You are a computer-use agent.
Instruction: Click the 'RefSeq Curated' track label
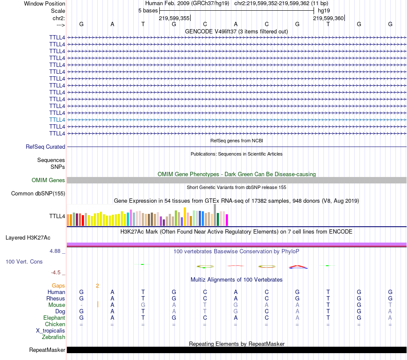(x=45, y=147)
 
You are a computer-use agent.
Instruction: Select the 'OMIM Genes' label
(x=48, y=180)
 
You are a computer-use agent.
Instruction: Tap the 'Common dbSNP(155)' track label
(x=38, y=193)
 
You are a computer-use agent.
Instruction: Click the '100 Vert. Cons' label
(x=24, y=261)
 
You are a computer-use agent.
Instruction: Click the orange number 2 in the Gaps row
(x=97, y=285)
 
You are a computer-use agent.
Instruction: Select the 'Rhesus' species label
(x=56, y=298)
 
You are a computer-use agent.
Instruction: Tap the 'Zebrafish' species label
(x=54, y=337)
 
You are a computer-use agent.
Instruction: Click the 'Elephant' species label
(x=54, y=318)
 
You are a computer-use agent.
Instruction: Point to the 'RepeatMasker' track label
(x=47, y=350)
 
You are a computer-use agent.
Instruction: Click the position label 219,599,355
(x=174, y=18)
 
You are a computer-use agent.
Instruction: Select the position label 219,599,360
(x=328, y=18)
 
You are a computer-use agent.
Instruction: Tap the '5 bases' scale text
(x=148, y=10)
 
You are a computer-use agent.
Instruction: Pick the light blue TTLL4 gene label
(x=57, y=120)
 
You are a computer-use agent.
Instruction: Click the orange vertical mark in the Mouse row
(x=98, y=305)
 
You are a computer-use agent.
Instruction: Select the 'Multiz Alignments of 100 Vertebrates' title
(x=236, y=279)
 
